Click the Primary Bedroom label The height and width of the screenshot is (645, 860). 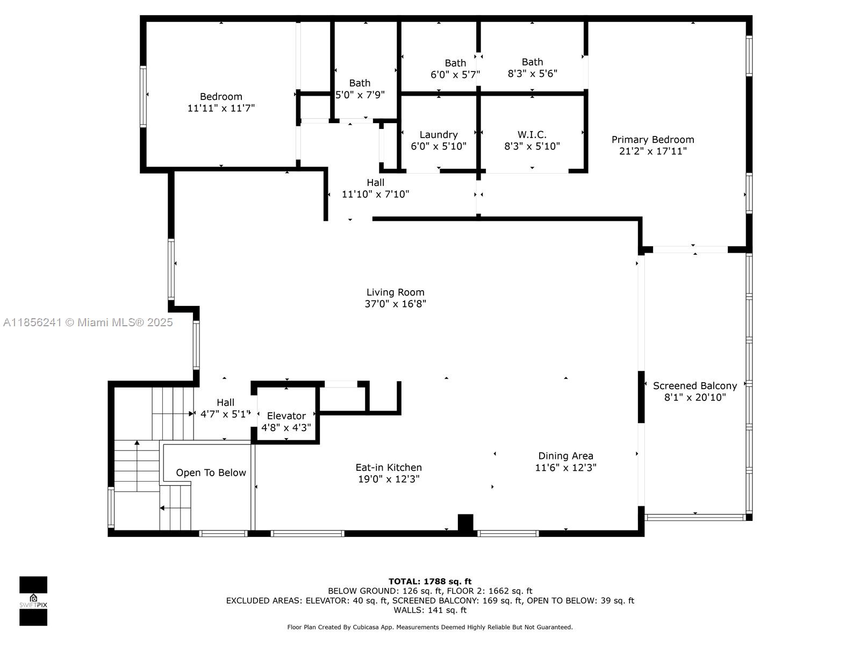[x=653, y=139]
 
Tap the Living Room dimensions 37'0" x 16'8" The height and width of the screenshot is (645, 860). [x=395, y=304]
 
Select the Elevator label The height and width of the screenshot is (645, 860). [x=286, y=415]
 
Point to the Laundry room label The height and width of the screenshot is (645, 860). [x=439, y=135]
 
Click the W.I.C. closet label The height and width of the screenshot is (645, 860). [x=532, y=135]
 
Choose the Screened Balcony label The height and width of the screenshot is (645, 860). [x=694, y=386]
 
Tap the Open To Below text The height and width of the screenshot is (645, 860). [x=211, y=472]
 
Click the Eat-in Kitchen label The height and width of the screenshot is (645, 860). [x=388, y=467]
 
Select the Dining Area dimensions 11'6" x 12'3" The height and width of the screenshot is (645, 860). [x=565, y=467]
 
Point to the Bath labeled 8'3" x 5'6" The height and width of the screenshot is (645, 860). [x=532, y=68]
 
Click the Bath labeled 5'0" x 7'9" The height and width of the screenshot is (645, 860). [x=360, y=89]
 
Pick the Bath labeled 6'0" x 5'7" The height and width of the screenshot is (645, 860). [x=455, y=69]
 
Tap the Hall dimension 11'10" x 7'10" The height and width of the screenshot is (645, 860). [x=375, y=194]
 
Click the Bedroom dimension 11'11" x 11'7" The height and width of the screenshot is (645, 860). [x=221, y=107]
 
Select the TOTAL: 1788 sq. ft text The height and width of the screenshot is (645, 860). [x=430, y=581]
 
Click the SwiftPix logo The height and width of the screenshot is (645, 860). [x=33, y=601]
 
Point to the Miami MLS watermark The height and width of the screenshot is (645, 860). [x=88, y=322]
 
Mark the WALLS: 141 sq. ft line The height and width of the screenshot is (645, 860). [x=430, y=610]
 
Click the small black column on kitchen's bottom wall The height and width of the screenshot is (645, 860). [x=465, y=522]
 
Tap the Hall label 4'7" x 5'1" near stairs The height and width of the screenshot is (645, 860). [x=225, y=408]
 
